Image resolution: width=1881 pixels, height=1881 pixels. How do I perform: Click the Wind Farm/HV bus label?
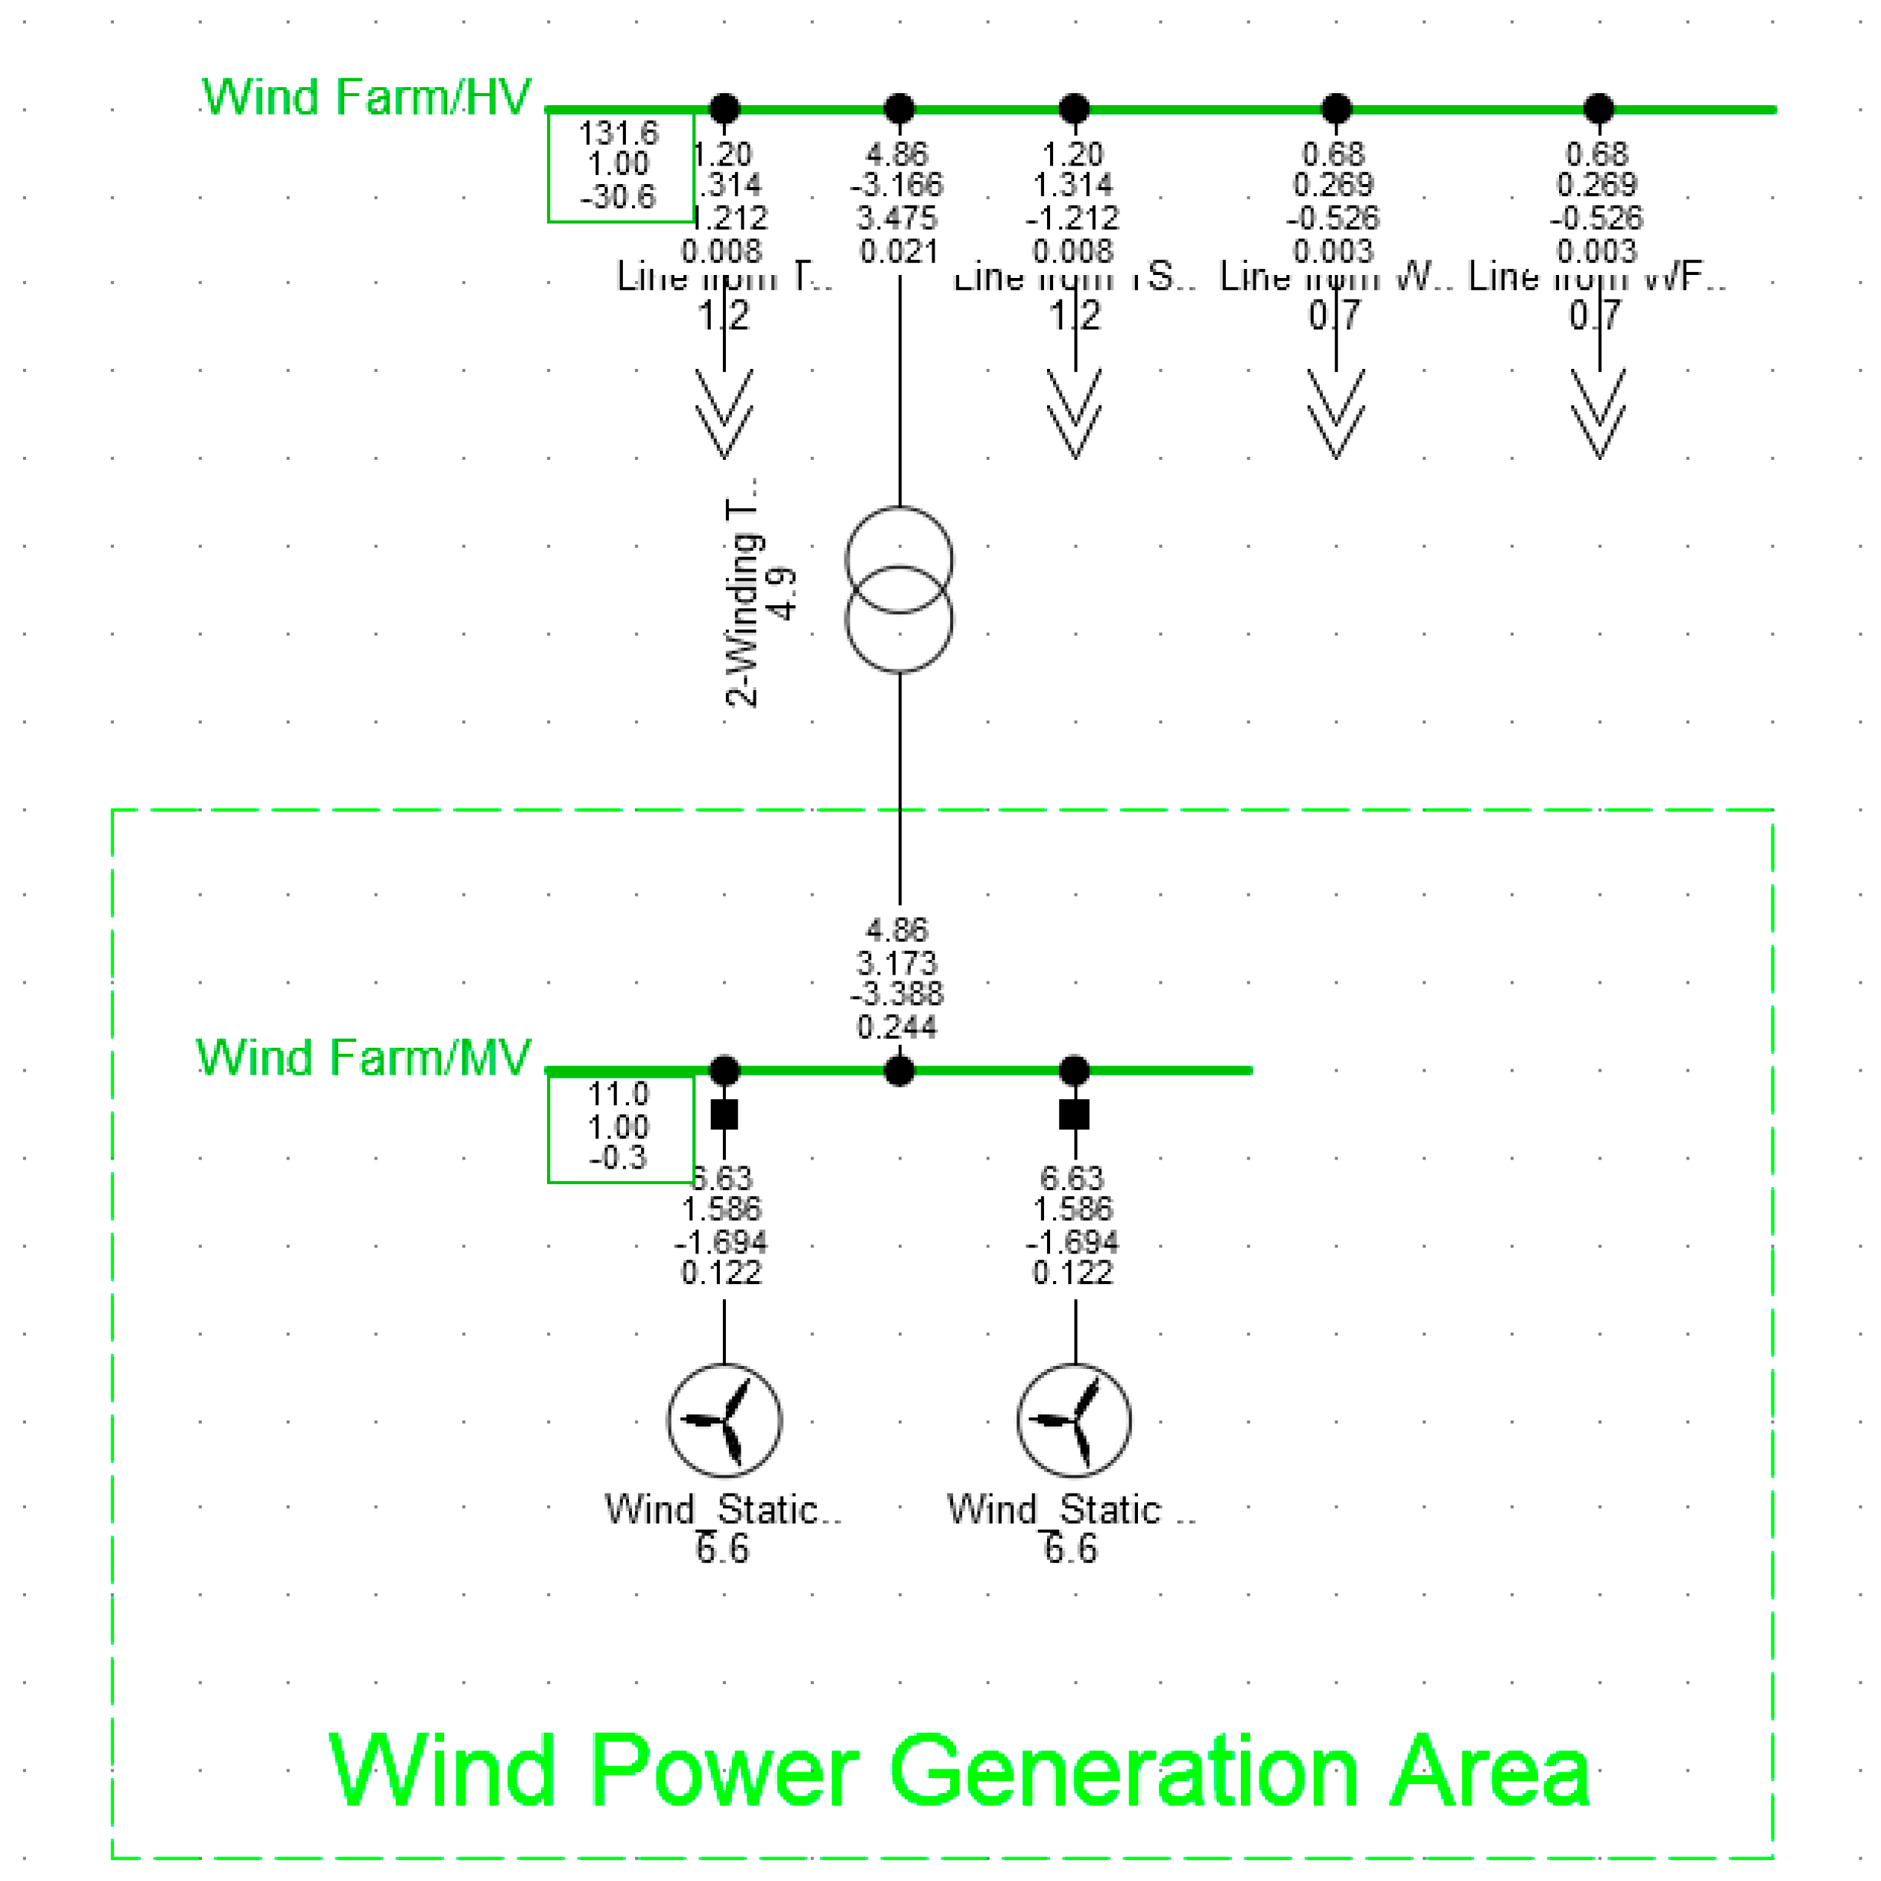tap(366, 98)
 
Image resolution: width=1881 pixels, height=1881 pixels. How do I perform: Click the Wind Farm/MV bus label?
tap(363, 1058)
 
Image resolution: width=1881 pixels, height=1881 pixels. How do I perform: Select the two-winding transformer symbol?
tap(899, 589)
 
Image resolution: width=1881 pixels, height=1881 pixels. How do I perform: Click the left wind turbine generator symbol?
tap(724, 1420)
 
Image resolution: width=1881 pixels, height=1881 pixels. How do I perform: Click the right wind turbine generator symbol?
tap(1074, 1420)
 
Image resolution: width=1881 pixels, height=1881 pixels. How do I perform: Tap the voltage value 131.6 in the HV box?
tap(619, 133)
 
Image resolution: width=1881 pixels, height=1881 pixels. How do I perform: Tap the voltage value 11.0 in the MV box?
tap(619, 1093)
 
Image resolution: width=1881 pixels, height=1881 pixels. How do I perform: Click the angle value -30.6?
tap(619, 197)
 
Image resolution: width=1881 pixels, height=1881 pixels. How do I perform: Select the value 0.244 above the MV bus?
tap(897, 1027)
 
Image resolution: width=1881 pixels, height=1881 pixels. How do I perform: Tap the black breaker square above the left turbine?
tap(724, 1114)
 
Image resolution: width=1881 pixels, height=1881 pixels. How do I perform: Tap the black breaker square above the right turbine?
tap(1074, 1114)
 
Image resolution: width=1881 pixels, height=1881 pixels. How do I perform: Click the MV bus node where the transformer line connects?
tap(899, 1071)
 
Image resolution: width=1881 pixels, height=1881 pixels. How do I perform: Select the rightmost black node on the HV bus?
tap(1599, 108)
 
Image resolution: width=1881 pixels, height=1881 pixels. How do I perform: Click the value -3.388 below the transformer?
tap(897, 994)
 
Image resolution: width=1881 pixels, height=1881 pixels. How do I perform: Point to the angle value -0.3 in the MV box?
tap(619, 1157)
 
